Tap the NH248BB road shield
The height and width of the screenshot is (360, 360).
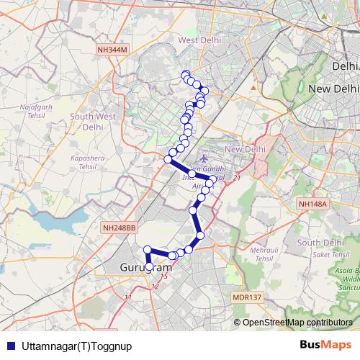[x=120, y=228]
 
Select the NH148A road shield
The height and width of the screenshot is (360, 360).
[x=313, y=204]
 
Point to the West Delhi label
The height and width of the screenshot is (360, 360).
[x=198, y=40]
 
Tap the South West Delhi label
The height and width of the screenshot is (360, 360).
[x=94, y=120]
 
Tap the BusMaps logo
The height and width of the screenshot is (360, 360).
[x=326, y=345]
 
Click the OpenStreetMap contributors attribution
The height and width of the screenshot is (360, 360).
[x=297, y=323]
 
